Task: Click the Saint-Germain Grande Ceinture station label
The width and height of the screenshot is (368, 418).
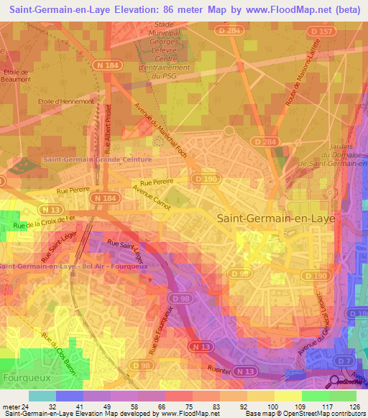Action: tap(98, 159)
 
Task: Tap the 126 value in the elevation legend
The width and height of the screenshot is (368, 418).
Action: tap(355, 405)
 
